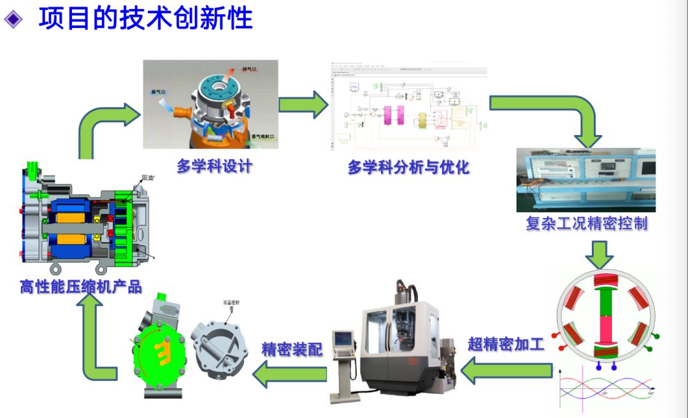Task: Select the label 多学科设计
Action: (x=215, y=166)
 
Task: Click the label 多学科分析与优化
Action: (x=408, y=167)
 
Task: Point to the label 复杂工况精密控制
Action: (x=587, y=224)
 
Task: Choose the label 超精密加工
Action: (x=506, y=344)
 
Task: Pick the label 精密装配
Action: (x=292, y=349)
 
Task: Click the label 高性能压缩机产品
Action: (x=80, y=287)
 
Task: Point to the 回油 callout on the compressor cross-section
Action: (x=148, y=178)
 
